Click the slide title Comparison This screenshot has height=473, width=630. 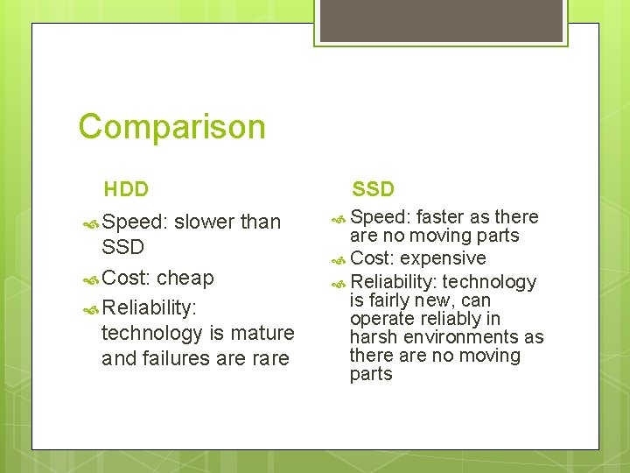point(171,127)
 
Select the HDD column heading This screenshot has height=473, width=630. point(126,189)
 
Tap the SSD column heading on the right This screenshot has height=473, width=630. point(374,189)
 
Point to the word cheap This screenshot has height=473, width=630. point(185,279)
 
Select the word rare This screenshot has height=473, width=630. point(269,358)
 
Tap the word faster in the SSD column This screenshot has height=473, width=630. point(442,217)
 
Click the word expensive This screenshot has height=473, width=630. point(444,258)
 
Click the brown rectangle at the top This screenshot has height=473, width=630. point(440,20)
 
